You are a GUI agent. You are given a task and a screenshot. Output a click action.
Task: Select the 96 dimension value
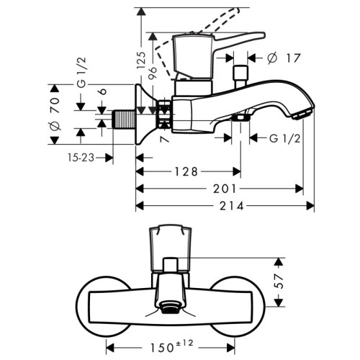(152, 72)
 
